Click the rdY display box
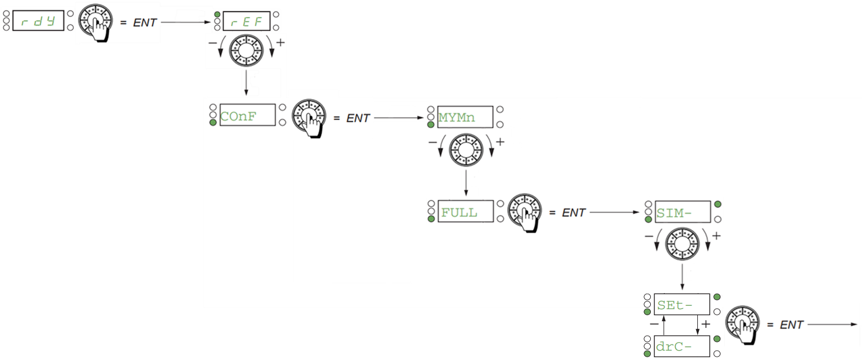click(x=38, y=20)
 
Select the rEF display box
click(x=246, y=21)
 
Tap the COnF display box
click(x=248, y=114)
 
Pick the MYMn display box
click(x=465, y=117)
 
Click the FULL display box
click(x=466, y=211)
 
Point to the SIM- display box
click(x=683, y=212)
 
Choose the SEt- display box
click(x=682, y=305)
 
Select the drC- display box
click(x=682, y=346)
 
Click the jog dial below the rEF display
click(x=246, y=50)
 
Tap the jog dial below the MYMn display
click(x=466, y=150)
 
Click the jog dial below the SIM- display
click(x=682, y=244)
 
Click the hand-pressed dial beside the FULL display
click(x=525, y=212)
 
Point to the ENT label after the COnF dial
click(x=358, y=118)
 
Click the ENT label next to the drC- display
click(x=791, y=325)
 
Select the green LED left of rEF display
click(x=217, y=14)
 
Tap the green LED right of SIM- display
click(x=718, y=204)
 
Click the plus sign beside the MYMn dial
click(x=500, y=142)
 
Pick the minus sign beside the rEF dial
click(x=212, y=43)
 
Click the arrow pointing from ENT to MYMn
click(x=399, y=117)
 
